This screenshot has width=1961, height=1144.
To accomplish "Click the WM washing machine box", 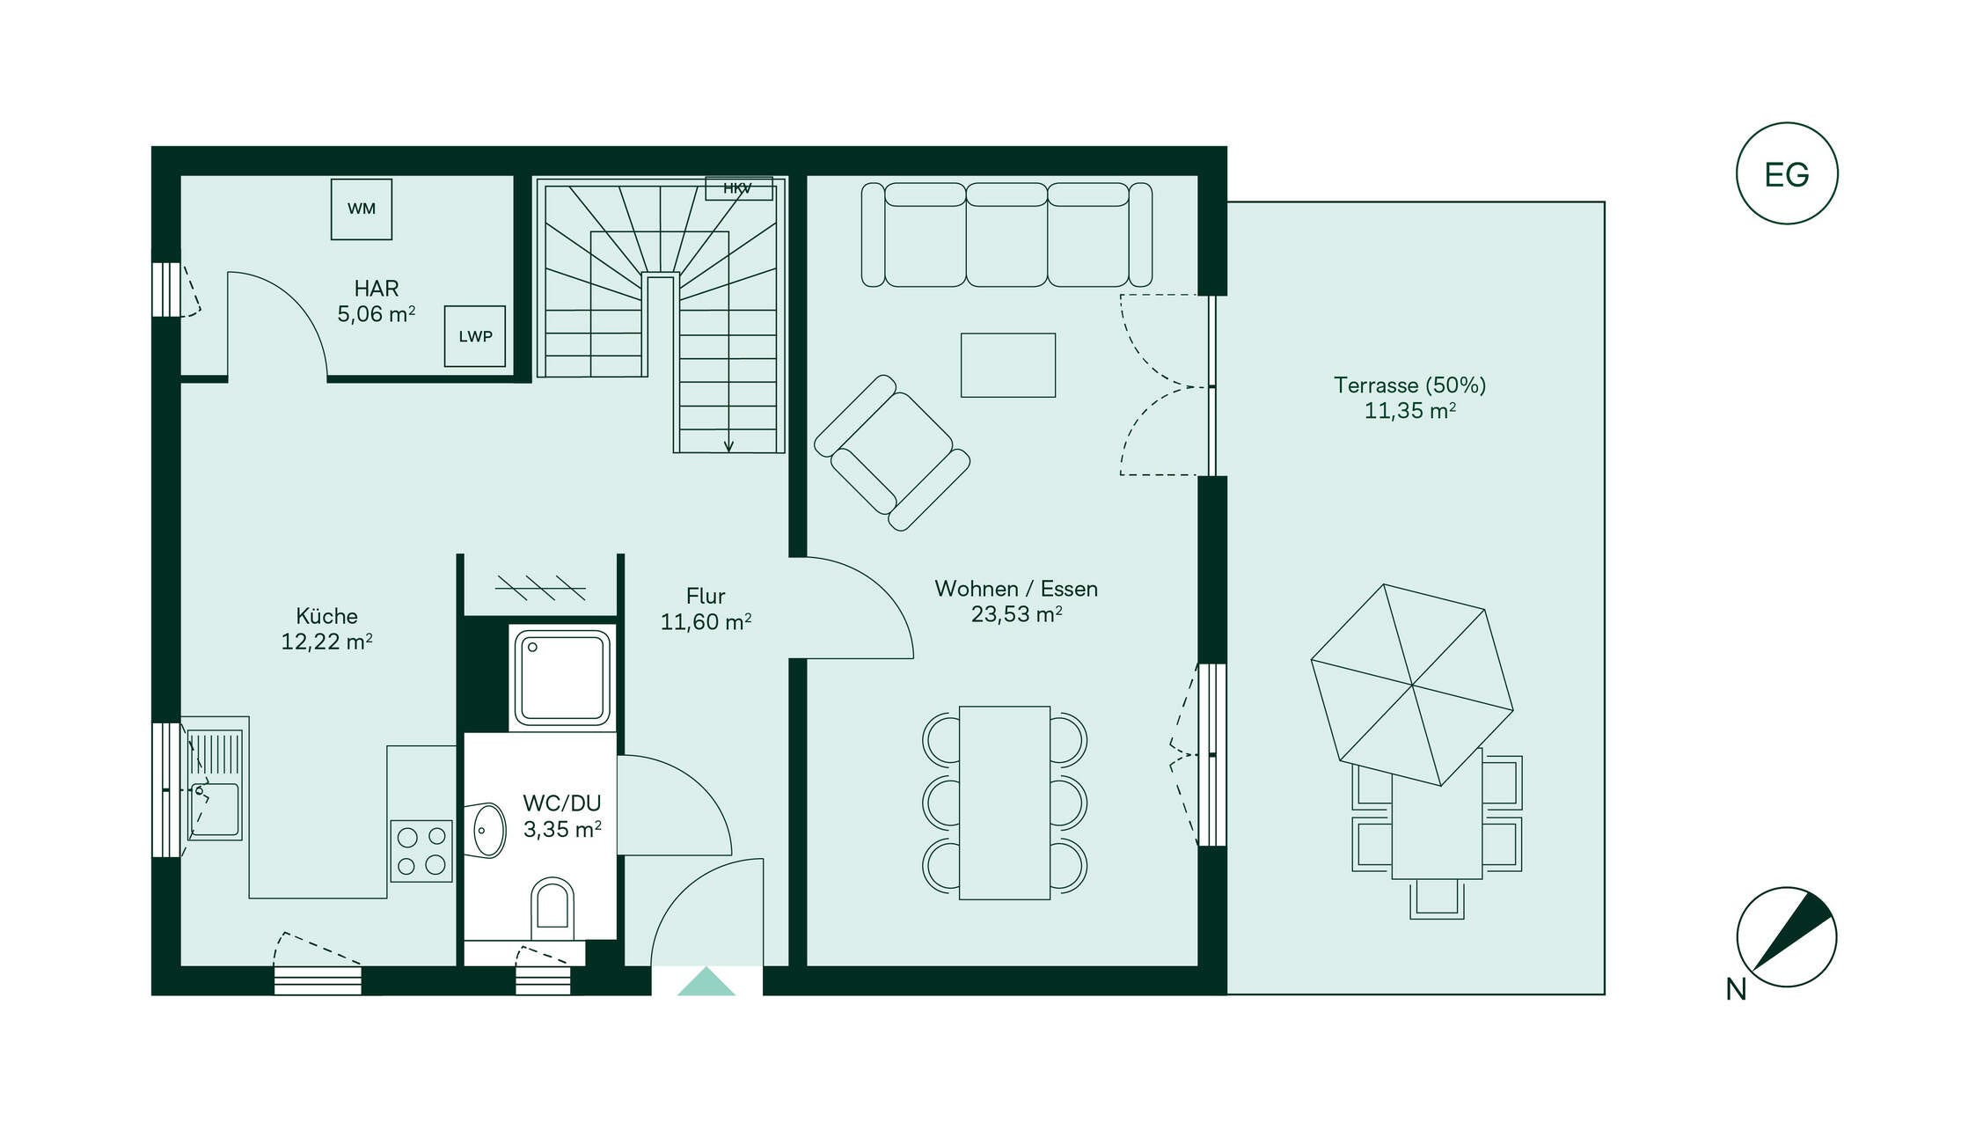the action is click(x=362, y=209).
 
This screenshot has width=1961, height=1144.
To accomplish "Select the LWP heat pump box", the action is click(x=475, y=336).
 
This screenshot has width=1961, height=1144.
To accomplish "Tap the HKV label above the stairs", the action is click(x=738, y=188).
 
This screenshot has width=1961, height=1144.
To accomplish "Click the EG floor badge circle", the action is click(x=1787, y=173).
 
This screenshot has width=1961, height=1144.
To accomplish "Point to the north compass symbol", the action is click(x=1787, y=937).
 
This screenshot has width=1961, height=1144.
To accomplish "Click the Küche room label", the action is click(x=326, y=616).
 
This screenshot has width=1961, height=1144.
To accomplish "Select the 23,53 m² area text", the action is click(x=1016, y=614).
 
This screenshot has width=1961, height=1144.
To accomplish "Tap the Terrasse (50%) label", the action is click(x=1409, y=385).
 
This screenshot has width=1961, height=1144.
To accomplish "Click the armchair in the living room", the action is click(x=892, y=452).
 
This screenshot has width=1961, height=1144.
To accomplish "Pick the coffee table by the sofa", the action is click(x=1008, y=365).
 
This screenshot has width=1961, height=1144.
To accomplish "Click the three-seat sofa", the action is click(x=1006, y=235).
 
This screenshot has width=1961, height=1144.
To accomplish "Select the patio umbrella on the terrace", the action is click(x=1412, y=685).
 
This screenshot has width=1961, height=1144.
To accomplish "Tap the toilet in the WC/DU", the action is click(x=552, y=906).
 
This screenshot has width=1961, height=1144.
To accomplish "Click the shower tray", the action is click(x=563, y=678).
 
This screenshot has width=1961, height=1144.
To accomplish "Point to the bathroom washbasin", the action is click(x=487, y=830).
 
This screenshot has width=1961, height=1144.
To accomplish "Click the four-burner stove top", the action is click(x=421, y=851).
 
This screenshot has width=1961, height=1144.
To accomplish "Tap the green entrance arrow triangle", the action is click(x=706, y=982).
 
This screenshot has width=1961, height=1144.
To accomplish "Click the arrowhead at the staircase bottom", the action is click(x=728, y=446).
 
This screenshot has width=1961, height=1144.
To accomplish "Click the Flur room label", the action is click(x=706, y=596).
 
